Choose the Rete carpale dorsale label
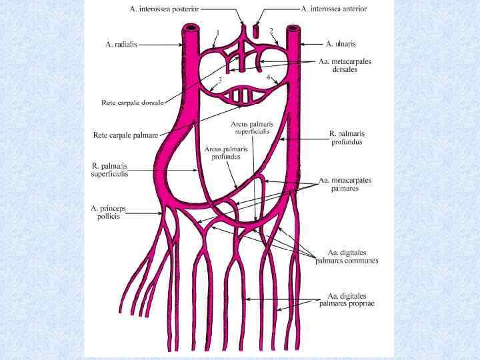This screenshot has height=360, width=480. tap(127, 103)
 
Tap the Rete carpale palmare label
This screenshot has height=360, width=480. tap(124, 135)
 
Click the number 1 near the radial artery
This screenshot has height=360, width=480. tap(217, 31)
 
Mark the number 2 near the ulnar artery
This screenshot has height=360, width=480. tap(271, 31)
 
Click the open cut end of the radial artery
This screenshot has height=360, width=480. tap(191, 28)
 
